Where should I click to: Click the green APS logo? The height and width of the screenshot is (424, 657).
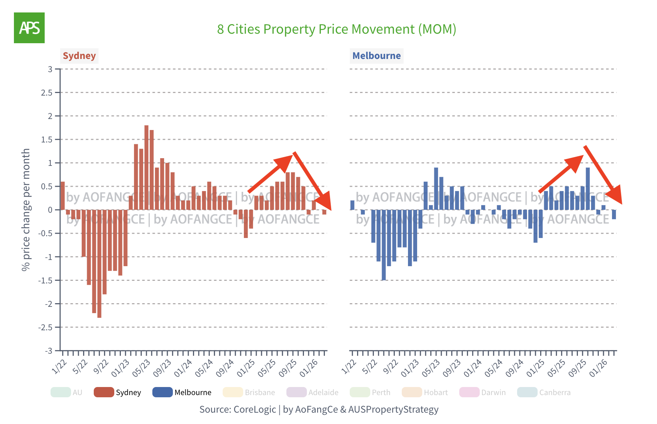pos(29,28)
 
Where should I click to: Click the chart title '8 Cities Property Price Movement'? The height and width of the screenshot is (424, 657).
pos(336,29)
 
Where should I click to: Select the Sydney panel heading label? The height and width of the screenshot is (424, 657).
pos(79,56)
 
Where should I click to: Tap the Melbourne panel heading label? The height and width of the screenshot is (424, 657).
pos(376,56)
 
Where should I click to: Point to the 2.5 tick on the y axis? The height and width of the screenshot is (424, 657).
pos(47,93)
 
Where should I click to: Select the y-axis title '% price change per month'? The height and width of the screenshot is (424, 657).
pos(26,209)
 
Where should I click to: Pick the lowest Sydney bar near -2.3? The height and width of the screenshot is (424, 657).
pos(99,264)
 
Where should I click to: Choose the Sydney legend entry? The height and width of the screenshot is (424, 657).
pos(118,393)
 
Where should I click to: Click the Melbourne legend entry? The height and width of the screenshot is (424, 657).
pos(182,393)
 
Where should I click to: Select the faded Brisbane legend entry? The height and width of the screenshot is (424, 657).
pos(249,393)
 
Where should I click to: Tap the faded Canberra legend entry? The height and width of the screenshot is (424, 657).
pos(544,393)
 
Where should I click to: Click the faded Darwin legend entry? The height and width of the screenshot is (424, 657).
pos(483,393)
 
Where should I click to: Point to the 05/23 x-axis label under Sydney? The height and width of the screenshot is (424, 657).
pos(141,368)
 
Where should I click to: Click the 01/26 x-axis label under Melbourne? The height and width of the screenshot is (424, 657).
pos(598,368)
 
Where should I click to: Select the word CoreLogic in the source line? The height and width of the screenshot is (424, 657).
pos(255,409)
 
